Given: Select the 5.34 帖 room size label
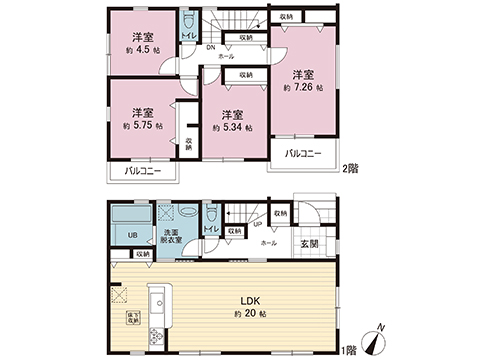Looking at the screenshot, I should point(232,129).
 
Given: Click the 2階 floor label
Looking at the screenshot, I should point(349,170).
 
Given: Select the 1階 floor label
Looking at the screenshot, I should point(347,350).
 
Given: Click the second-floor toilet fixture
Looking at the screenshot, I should point(189,22).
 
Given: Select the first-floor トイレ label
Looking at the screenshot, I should point(210,230).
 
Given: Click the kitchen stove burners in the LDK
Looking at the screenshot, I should point(155,336).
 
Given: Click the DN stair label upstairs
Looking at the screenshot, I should point(211,47).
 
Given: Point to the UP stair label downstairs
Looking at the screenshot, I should point(257,224).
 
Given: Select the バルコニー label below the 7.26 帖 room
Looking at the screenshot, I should point(304,155).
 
